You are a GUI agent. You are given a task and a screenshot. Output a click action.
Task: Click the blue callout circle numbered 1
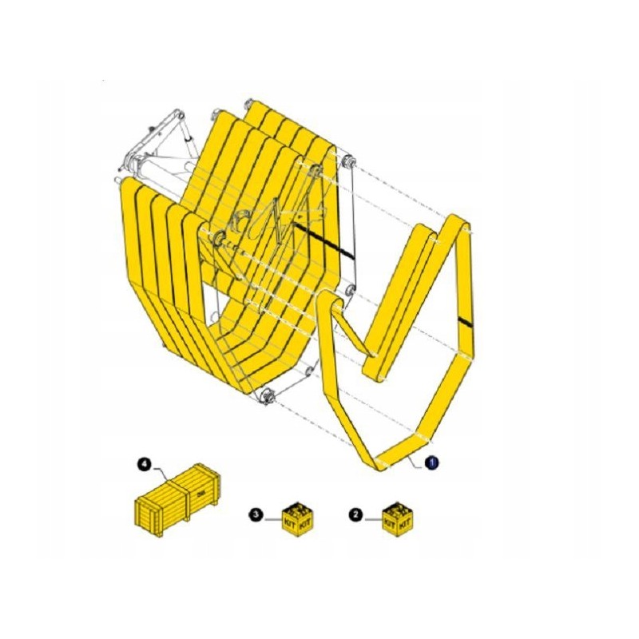point(431,462)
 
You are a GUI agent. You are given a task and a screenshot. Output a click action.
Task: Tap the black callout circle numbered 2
point(356,516)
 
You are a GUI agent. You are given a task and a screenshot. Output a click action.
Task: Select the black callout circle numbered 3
point(255,514)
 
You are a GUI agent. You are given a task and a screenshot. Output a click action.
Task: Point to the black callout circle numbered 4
point(145,462)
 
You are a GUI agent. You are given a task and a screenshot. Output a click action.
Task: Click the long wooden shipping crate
point(177,498)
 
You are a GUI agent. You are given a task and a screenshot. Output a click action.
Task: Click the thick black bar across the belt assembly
point(323,240)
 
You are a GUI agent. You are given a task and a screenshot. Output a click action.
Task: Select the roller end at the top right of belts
point(347,162)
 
